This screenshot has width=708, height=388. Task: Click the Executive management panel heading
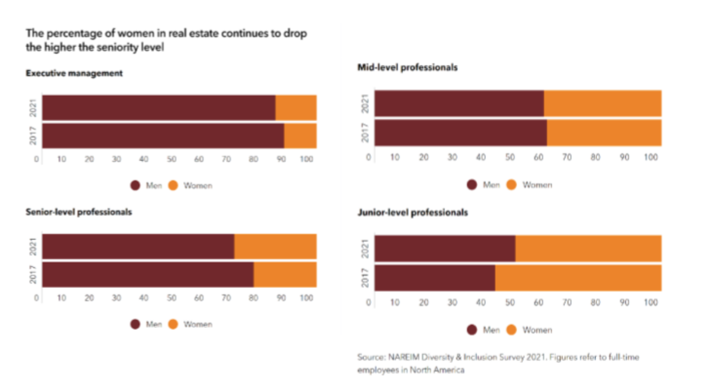[74, 74]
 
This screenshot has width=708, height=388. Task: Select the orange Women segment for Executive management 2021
[295, 107]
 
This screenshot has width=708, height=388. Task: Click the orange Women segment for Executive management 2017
[300, 136]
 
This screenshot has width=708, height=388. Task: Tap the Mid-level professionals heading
[408, 68]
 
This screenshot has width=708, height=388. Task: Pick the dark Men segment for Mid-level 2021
[459, 103]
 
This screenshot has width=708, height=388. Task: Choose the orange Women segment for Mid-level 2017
[604, 133]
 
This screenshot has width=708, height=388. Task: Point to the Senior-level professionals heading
[79, 213]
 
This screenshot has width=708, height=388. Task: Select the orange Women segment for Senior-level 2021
[275, 247]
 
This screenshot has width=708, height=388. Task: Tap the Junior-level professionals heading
[413, 213]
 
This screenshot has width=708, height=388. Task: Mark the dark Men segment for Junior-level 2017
[434, 278]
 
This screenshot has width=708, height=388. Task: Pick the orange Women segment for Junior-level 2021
[588, 249]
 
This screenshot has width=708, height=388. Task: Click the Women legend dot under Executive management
[173, 186]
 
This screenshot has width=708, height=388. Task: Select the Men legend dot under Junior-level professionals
[472, 330]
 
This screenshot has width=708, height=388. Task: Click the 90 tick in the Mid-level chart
[624, 157]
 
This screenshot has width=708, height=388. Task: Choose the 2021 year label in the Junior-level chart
[365, 249]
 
